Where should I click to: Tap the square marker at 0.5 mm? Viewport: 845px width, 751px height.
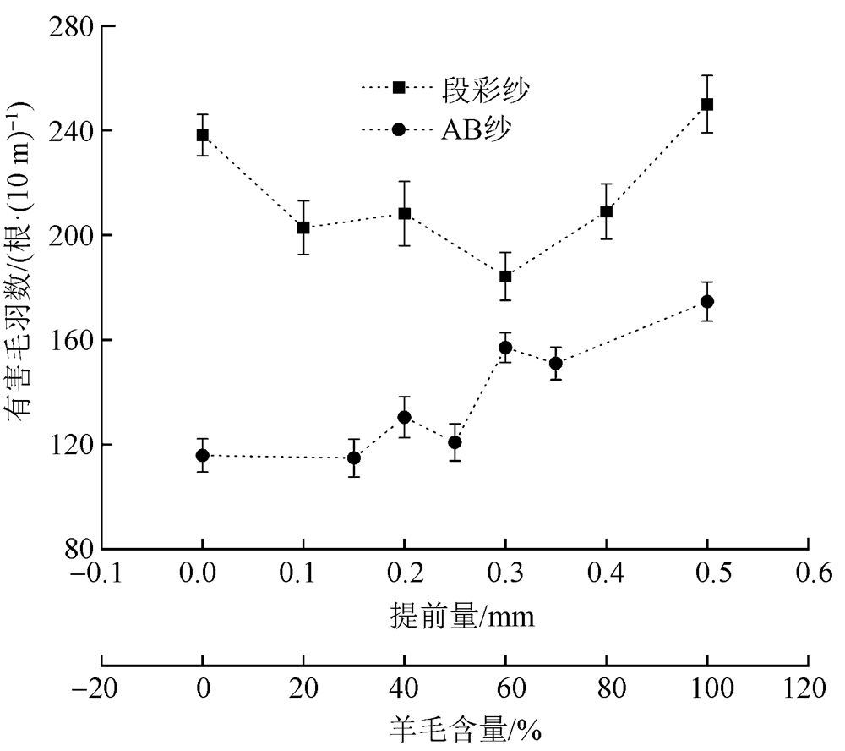tap(707, 104)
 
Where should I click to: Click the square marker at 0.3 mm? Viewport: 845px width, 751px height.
tap(505, 277)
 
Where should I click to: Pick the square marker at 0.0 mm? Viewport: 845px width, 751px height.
tap(202, 134)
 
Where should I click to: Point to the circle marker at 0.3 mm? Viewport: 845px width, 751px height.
tap(505, 348)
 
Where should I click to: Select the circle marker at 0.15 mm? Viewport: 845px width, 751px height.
tap(354, 458)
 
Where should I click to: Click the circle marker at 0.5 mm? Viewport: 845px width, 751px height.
tap(707, 302)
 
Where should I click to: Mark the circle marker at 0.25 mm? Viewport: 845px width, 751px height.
tap(455, 442)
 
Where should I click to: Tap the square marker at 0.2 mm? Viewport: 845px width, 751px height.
tap(404, 214)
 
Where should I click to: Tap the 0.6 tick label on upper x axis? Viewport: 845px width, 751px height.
tap(809, 577)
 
